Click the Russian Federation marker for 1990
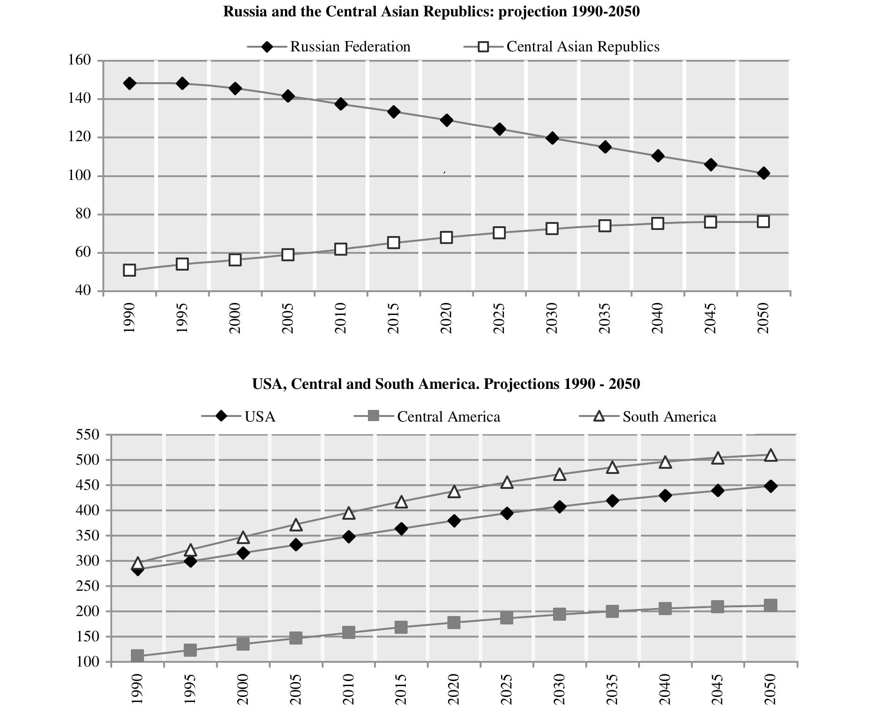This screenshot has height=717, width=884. coord(129,83)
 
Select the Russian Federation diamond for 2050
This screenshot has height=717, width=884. coord(763,173)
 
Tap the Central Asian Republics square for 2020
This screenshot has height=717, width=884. coord(446,237)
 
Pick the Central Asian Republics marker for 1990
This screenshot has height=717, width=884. coord(129,270)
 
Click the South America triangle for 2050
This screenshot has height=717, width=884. coord(771,455)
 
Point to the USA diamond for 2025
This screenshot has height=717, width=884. coord(507,513)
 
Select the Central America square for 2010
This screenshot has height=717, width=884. coord(348,633)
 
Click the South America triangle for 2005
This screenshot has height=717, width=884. coord(295,525)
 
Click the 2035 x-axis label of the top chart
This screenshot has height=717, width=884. coord(605,318)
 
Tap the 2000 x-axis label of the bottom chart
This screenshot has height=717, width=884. coord(243,689)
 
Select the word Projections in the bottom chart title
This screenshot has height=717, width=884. coord(521,384)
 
